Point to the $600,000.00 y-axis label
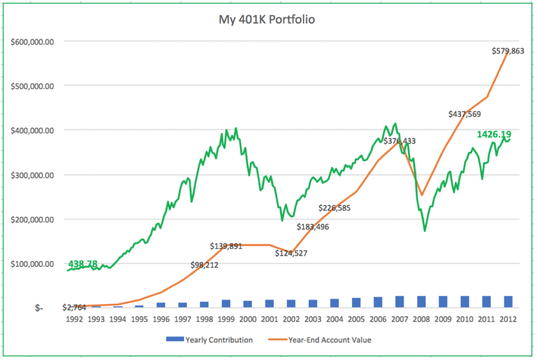coord(32,41)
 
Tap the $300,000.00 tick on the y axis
coord(32,175)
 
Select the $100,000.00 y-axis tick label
coord(32,264)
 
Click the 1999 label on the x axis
coord(226,319)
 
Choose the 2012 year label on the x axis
coord(508,319)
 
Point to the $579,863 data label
coord(508,51)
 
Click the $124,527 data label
coord(291,253)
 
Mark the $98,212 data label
coord(205,265)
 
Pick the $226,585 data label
coord(334,208)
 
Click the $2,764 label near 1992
coord(74,307)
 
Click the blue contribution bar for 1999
coord(226,303)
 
